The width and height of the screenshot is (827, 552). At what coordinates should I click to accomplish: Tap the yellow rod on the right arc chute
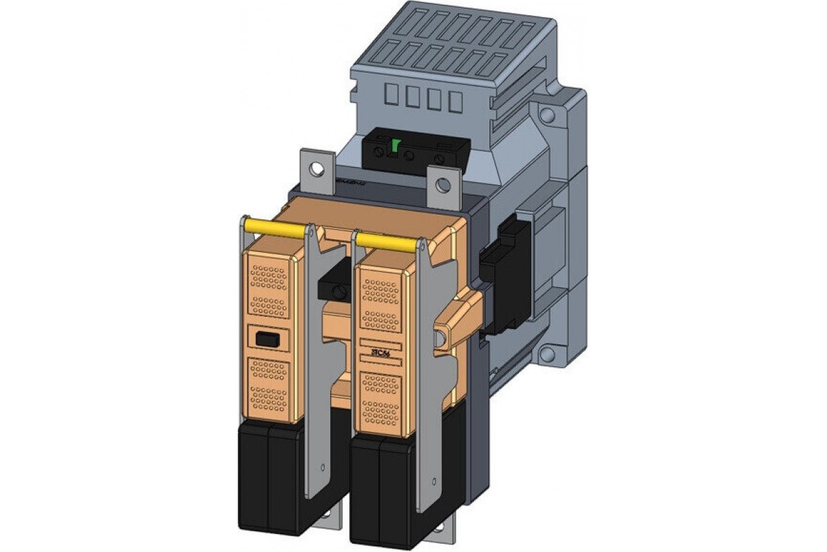(387, 240)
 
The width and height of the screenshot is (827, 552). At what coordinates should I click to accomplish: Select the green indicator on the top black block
(396, 146)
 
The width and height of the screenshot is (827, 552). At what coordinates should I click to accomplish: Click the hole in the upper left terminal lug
(316, 167)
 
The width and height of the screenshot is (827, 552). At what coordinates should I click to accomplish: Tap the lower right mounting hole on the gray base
(547, 355)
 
